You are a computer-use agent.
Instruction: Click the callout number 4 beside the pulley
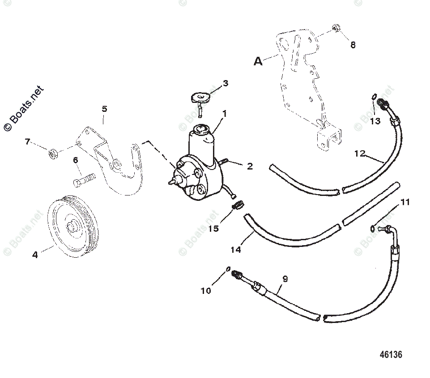coord(35,255)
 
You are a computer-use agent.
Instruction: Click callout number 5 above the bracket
coord(104,109)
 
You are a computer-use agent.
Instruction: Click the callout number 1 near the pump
coord(224,114)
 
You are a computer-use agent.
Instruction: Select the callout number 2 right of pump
coord(250,166)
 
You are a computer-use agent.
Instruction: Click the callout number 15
coord(214,228)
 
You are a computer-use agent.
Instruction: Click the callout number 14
coord(235,249)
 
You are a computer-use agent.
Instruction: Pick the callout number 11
coord(404,202)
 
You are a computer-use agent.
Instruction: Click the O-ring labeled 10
coord(228,269)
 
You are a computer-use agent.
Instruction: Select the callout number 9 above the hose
coord(285,279)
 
